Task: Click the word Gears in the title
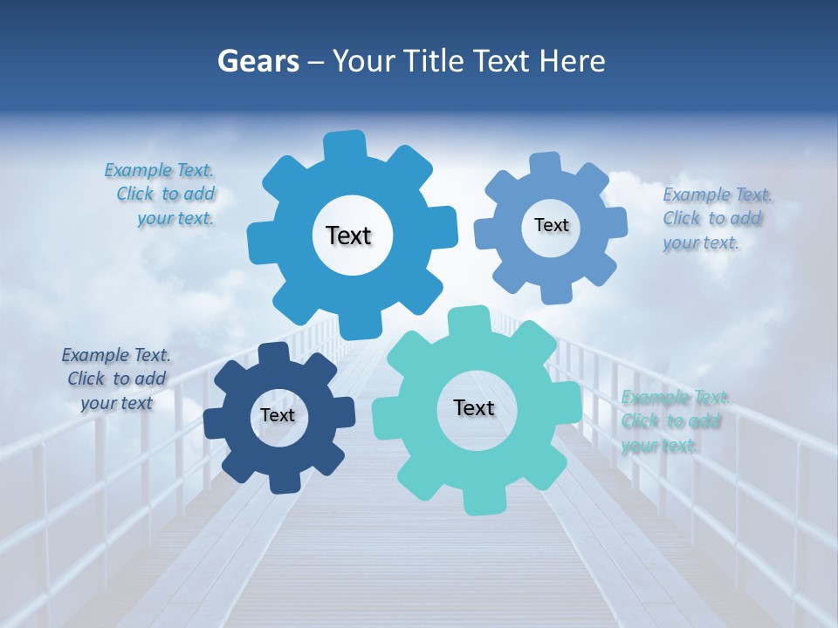coord(258,61)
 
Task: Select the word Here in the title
coord(572,61)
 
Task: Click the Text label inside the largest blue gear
coord(348,235)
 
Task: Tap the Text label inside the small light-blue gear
coord(551,225)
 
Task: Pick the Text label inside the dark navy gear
coord(278,415)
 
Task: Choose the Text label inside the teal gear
coord(474,407)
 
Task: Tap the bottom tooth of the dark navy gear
coord(284,482)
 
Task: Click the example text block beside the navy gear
coord(116,379)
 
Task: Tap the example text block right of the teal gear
coord(674,421)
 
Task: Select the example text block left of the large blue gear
coord(162,194)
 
